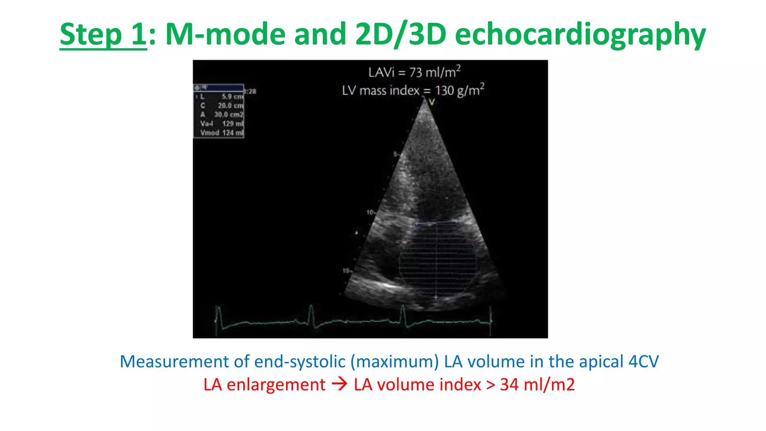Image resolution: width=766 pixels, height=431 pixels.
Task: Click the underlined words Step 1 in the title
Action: (103, 34)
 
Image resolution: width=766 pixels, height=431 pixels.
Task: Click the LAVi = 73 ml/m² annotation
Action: (414, 72)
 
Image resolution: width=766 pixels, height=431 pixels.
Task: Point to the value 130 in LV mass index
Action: (444, 91)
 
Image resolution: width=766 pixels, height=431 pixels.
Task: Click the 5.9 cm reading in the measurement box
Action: (232, 97)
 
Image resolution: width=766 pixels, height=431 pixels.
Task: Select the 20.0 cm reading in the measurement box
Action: (230, 106)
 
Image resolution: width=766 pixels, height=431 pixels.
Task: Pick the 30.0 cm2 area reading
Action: (229, 114)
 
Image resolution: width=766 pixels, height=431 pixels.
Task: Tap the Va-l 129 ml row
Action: (221, 123)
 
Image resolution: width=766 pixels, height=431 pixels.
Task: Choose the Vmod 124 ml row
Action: (221, 132)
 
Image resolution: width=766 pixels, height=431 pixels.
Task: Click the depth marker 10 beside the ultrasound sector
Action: (370, 212)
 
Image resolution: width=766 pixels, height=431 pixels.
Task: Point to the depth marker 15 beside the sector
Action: (346, 270)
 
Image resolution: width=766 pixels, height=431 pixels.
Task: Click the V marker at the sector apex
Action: (432, 102)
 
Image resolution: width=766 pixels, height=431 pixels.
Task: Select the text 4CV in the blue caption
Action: (643, 362)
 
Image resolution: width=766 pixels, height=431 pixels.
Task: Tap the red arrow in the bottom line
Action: (340, 384)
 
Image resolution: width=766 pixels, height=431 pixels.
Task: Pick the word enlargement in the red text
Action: (276, 385)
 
